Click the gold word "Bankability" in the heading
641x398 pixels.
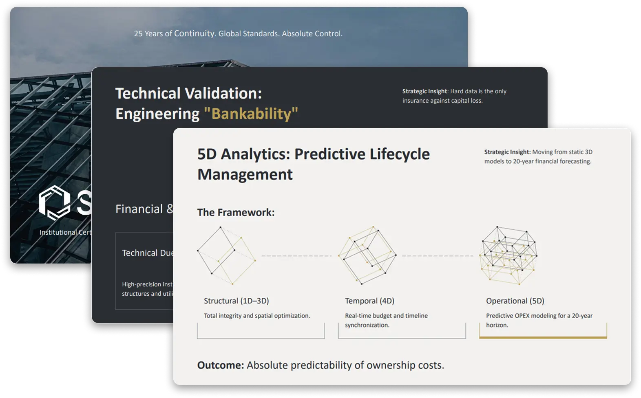pos(251,114)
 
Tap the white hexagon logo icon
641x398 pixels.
pos(55,202)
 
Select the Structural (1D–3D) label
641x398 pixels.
pos(236,301)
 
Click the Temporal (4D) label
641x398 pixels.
pos(369,301)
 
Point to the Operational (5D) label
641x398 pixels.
pos(515,301)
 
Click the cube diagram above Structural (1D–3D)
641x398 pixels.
pos(226,255)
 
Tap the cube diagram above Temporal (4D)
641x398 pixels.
pos(367,255)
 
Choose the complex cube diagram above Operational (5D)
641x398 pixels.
pos(508,255)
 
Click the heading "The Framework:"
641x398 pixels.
pos(236,212)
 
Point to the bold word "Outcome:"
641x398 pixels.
pos(220,365)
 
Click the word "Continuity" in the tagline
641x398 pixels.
pos(195,33)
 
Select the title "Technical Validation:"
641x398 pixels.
pos(188,93)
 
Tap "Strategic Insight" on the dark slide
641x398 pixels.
pos(425,91)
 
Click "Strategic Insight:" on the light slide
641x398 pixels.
pos(507,152)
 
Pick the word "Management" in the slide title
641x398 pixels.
pos(245,174)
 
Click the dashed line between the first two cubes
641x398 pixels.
pos(296,256)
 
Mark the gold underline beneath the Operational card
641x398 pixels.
pos(543,337)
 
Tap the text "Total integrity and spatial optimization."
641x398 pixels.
pos(257,316)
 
